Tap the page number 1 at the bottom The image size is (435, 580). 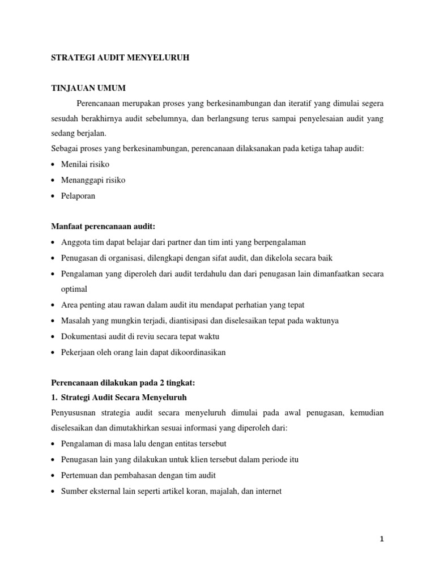tap(382, 540)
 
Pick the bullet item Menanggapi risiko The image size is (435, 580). tap(93, 180)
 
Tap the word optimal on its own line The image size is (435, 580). tap(74, 289)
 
